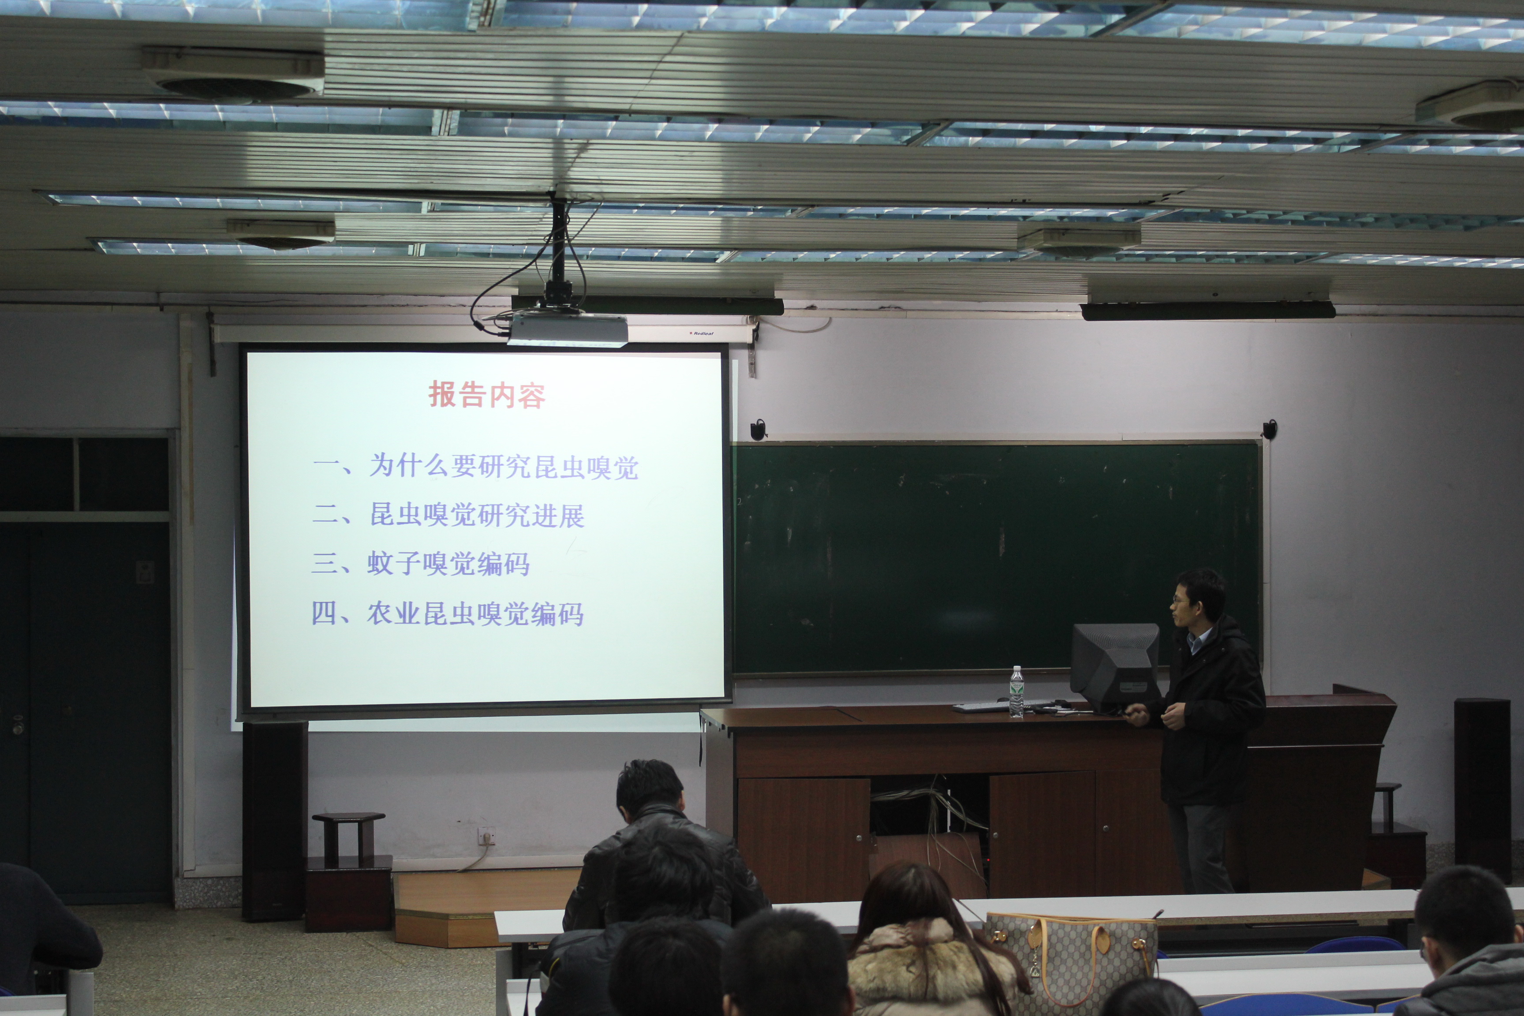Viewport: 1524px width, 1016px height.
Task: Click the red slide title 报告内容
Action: pos(487,395)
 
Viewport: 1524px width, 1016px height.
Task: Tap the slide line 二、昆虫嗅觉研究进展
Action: pos(448,515)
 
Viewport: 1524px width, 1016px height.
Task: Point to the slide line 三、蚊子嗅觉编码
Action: pos(421,563)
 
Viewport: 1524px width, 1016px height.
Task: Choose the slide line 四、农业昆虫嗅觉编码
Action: pos(448,613)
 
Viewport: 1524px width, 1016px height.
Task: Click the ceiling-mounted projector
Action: pos(568,329)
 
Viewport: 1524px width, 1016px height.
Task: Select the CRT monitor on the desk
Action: pos(1114,667)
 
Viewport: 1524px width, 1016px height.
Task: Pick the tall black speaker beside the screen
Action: pos(275,820)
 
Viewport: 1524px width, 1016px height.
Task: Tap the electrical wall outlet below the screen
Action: pos(486,837)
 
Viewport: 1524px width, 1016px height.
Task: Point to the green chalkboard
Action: pos(997,558)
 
